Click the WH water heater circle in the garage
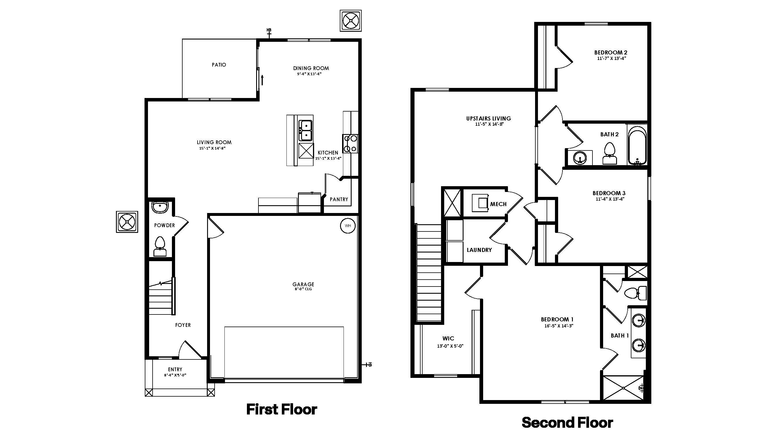348,226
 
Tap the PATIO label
219,65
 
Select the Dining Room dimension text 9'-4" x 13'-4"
309,74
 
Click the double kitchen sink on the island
305,130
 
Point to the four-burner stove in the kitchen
350,144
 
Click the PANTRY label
339,199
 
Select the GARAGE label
303,284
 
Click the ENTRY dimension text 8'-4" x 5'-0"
175,375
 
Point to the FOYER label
183,325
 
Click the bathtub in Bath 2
637,145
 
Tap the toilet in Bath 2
609,154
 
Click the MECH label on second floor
498,204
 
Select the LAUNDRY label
479,250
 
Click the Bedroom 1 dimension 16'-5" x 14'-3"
559,326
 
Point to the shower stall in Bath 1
623,388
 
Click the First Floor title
282,409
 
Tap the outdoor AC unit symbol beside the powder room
127,222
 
